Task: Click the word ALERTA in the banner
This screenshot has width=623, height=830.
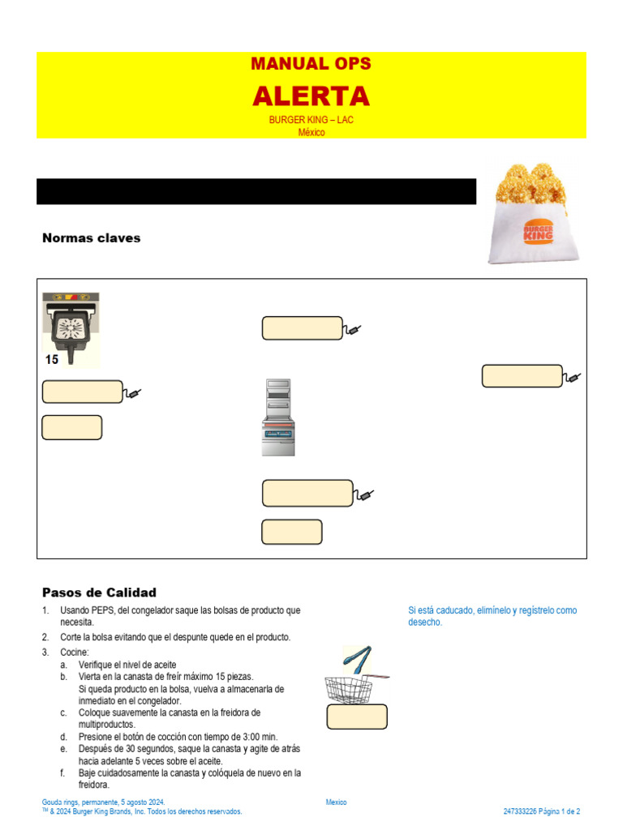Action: point(311,96)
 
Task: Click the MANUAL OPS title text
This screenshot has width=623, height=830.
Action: point(311,64)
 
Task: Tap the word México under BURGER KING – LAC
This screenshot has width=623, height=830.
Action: point(311,132)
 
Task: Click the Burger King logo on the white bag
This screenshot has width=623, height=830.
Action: point(538,233)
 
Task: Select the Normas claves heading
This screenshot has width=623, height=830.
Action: point(91,238)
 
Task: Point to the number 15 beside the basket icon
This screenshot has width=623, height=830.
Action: point(52,359)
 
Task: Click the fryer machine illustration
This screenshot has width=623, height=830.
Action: point(278,417)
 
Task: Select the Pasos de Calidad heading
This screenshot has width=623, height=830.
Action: point(99,593)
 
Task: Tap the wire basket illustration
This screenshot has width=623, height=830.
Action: point(349,689)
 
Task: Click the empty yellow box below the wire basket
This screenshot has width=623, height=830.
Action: point(357,717)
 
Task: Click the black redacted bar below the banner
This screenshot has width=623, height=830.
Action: point(256,191)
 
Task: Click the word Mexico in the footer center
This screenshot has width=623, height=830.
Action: point(336,802)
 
